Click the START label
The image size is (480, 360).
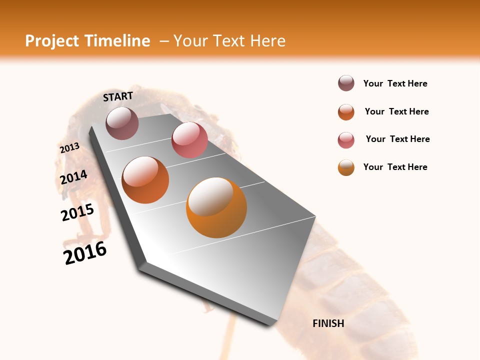point(118,96)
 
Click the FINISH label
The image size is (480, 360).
point(328,323)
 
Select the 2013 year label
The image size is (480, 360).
point(69,148)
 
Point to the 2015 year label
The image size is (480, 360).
point(77,212)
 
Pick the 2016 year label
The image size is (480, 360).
point(85,252)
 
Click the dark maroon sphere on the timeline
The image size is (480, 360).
point(122,123)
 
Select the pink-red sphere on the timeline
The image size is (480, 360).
point(189,140)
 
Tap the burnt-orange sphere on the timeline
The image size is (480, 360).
point(145,180)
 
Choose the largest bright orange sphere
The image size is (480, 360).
point(216,207)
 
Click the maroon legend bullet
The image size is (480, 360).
point(346,83)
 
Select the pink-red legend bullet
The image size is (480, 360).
point(346,140)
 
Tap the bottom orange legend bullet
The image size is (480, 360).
point(346,168)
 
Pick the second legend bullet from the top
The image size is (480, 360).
point(346,112)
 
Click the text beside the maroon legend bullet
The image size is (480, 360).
point(395,83)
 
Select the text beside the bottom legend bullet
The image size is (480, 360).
point(395,167)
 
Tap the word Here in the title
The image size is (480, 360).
point(267,41)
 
